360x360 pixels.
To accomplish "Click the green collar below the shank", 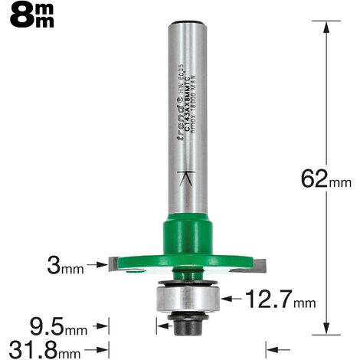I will tap(188, 233).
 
